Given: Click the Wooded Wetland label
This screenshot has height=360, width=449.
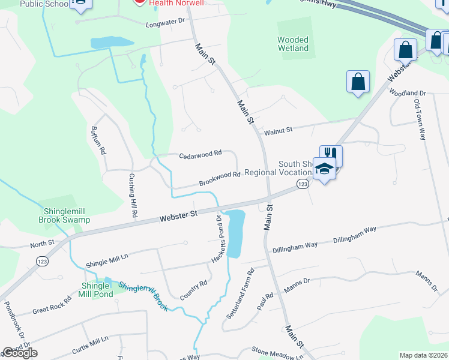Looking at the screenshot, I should click(x=293, y=44).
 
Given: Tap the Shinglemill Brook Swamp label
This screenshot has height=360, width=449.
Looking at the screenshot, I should click(x=67, y=215).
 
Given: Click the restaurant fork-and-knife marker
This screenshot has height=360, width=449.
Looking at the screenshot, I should click(x=331, y=155).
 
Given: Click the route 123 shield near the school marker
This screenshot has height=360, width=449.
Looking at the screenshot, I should click(x=303, y=184).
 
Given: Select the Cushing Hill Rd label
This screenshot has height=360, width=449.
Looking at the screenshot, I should click(x=133, y=196).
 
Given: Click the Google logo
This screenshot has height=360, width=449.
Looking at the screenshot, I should click(x=19, y=353).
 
